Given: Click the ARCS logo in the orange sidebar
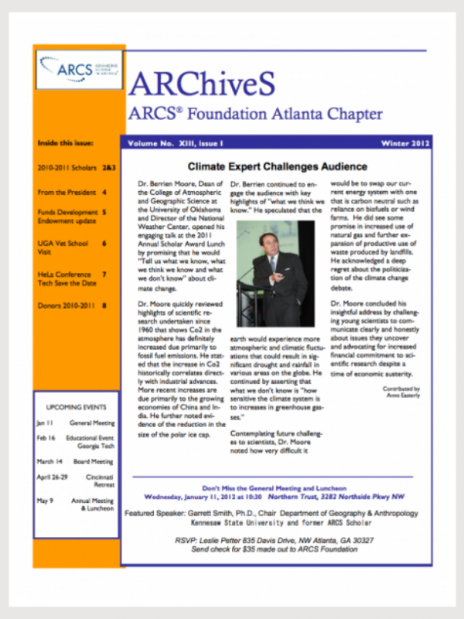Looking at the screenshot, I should pyautogui.click(x=78, y=69).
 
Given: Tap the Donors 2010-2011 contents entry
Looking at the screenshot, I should pyautogui.click(x=66, y=306).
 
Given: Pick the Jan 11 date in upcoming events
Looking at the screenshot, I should pyautogui.click(x=45, y=423).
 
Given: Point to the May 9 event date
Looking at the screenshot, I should pyautogui.click(x=45, y=501).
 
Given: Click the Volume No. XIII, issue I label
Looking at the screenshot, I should pyautogui.click(x=172, y=144).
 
